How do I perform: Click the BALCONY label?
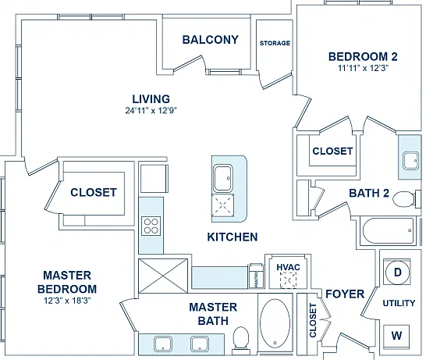(x=211, y=40)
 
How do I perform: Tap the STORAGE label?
(x=275, y=43)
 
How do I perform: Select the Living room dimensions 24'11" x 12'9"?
(x=151, y=111)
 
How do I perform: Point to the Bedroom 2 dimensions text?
(x=363, y=68)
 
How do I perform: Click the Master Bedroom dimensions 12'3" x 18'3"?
(x=67, y=301)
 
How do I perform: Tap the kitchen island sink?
(x=223, y=178)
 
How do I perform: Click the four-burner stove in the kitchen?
(x=151, y=226)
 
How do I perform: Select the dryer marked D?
(x=397, y=273)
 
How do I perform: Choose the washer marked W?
(x=396, y=337)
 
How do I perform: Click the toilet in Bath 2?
(x=404, y=199)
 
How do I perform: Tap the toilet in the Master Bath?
(x=241, y=340)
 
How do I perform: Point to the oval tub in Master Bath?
(x=275, y=323)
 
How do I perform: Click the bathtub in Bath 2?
(x=388, y=231)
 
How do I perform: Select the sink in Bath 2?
(x=410, y=161)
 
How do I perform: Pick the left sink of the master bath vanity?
(x=163, y=344)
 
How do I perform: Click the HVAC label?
(x=288, y=267)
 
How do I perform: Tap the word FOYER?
(x=345, y=294)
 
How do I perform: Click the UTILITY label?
(x=399, y=303)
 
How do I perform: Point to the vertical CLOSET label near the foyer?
(x=313, y=321)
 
